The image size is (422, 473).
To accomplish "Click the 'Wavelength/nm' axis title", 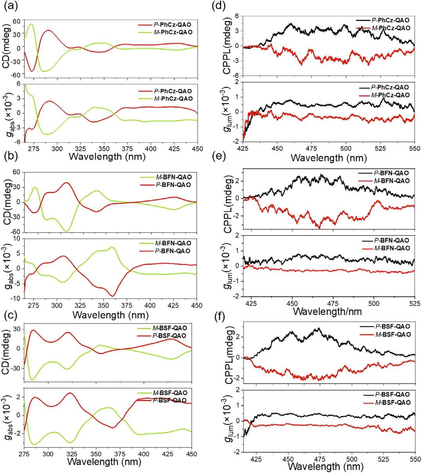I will click(327, 312).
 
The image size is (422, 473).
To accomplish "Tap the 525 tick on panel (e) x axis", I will click(415, 303).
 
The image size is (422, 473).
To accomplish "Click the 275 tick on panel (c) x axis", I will click(24, 454).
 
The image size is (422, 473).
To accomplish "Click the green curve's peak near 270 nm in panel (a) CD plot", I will click(30, 24).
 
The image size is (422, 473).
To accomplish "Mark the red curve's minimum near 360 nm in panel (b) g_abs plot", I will click(113, 296).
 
